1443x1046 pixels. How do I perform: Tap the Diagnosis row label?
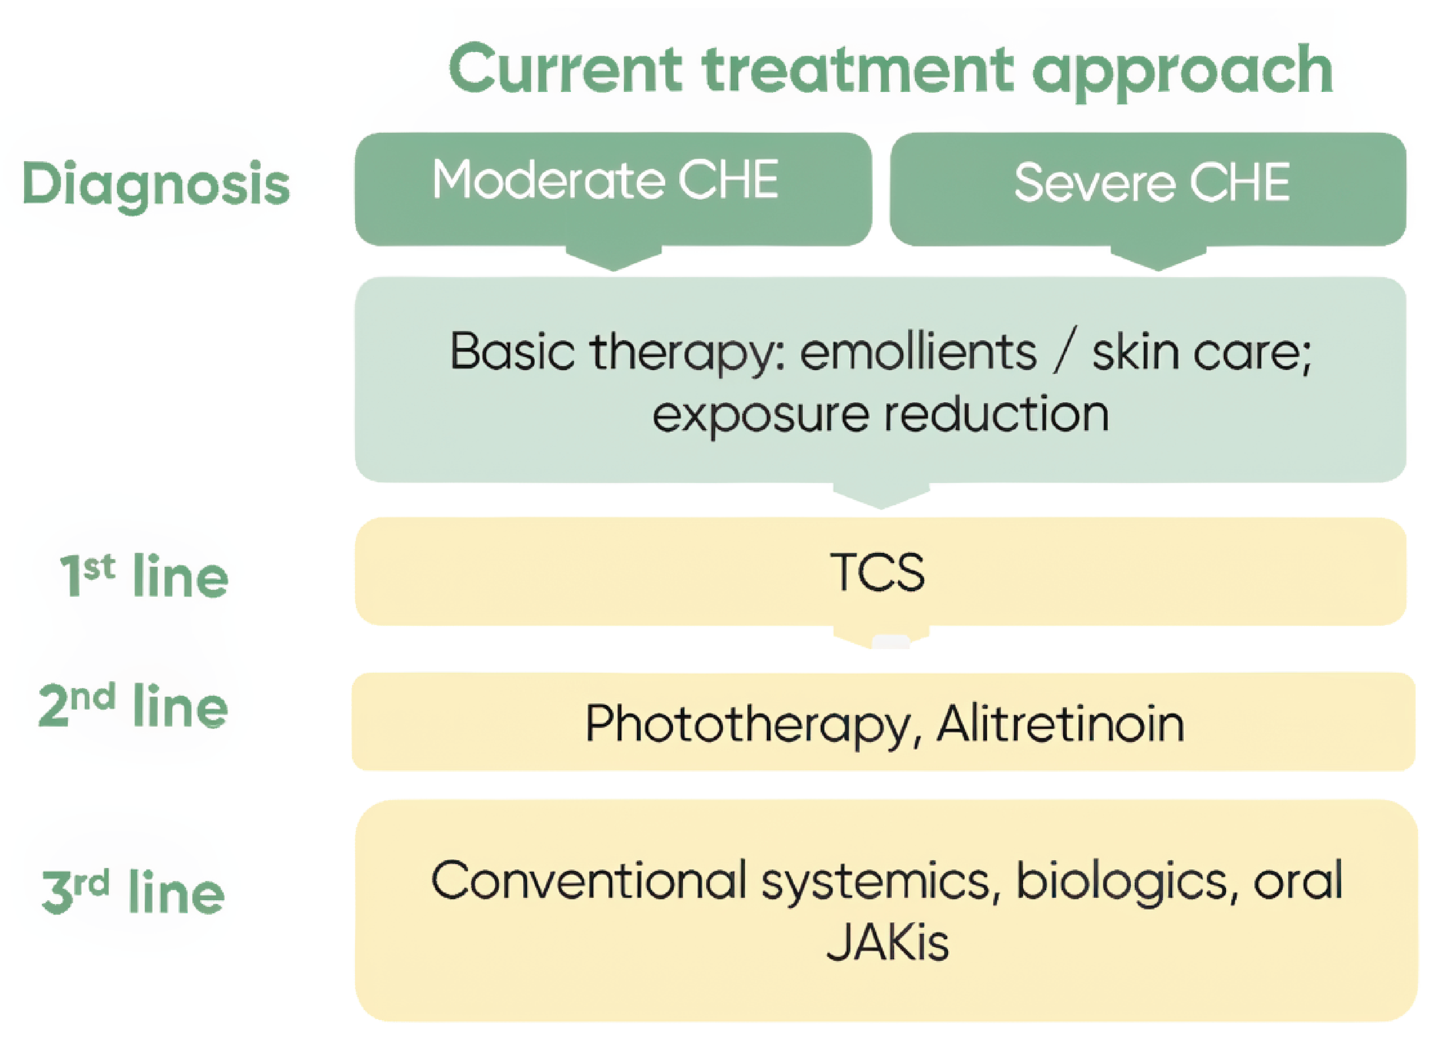(156, 184)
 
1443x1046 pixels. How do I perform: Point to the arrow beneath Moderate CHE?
(613, 258)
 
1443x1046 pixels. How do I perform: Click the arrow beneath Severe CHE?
(1158, 258)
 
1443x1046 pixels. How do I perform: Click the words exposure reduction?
(881, 415)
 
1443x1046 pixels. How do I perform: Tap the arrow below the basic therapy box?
(881, 496)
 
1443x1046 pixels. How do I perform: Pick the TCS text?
(877, 573)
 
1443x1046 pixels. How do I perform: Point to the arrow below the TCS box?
(881, 637)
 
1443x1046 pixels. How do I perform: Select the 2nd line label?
(134, 706)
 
